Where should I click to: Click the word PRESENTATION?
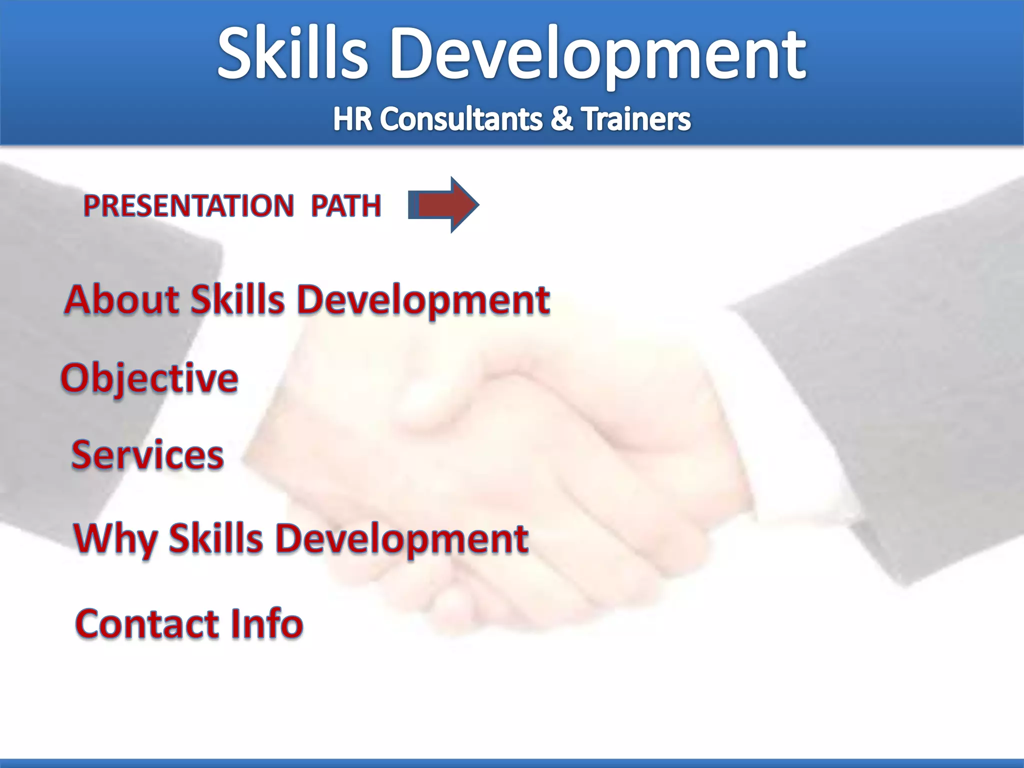188,205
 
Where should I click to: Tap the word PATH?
346,205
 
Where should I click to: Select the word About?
121,299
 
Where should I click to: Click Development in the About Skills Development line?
423,300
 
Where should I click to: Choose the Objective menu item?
149,378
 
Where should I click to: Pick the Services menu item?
147,455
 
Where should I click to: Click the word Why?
115,539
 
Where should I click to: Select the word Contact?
147,623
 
